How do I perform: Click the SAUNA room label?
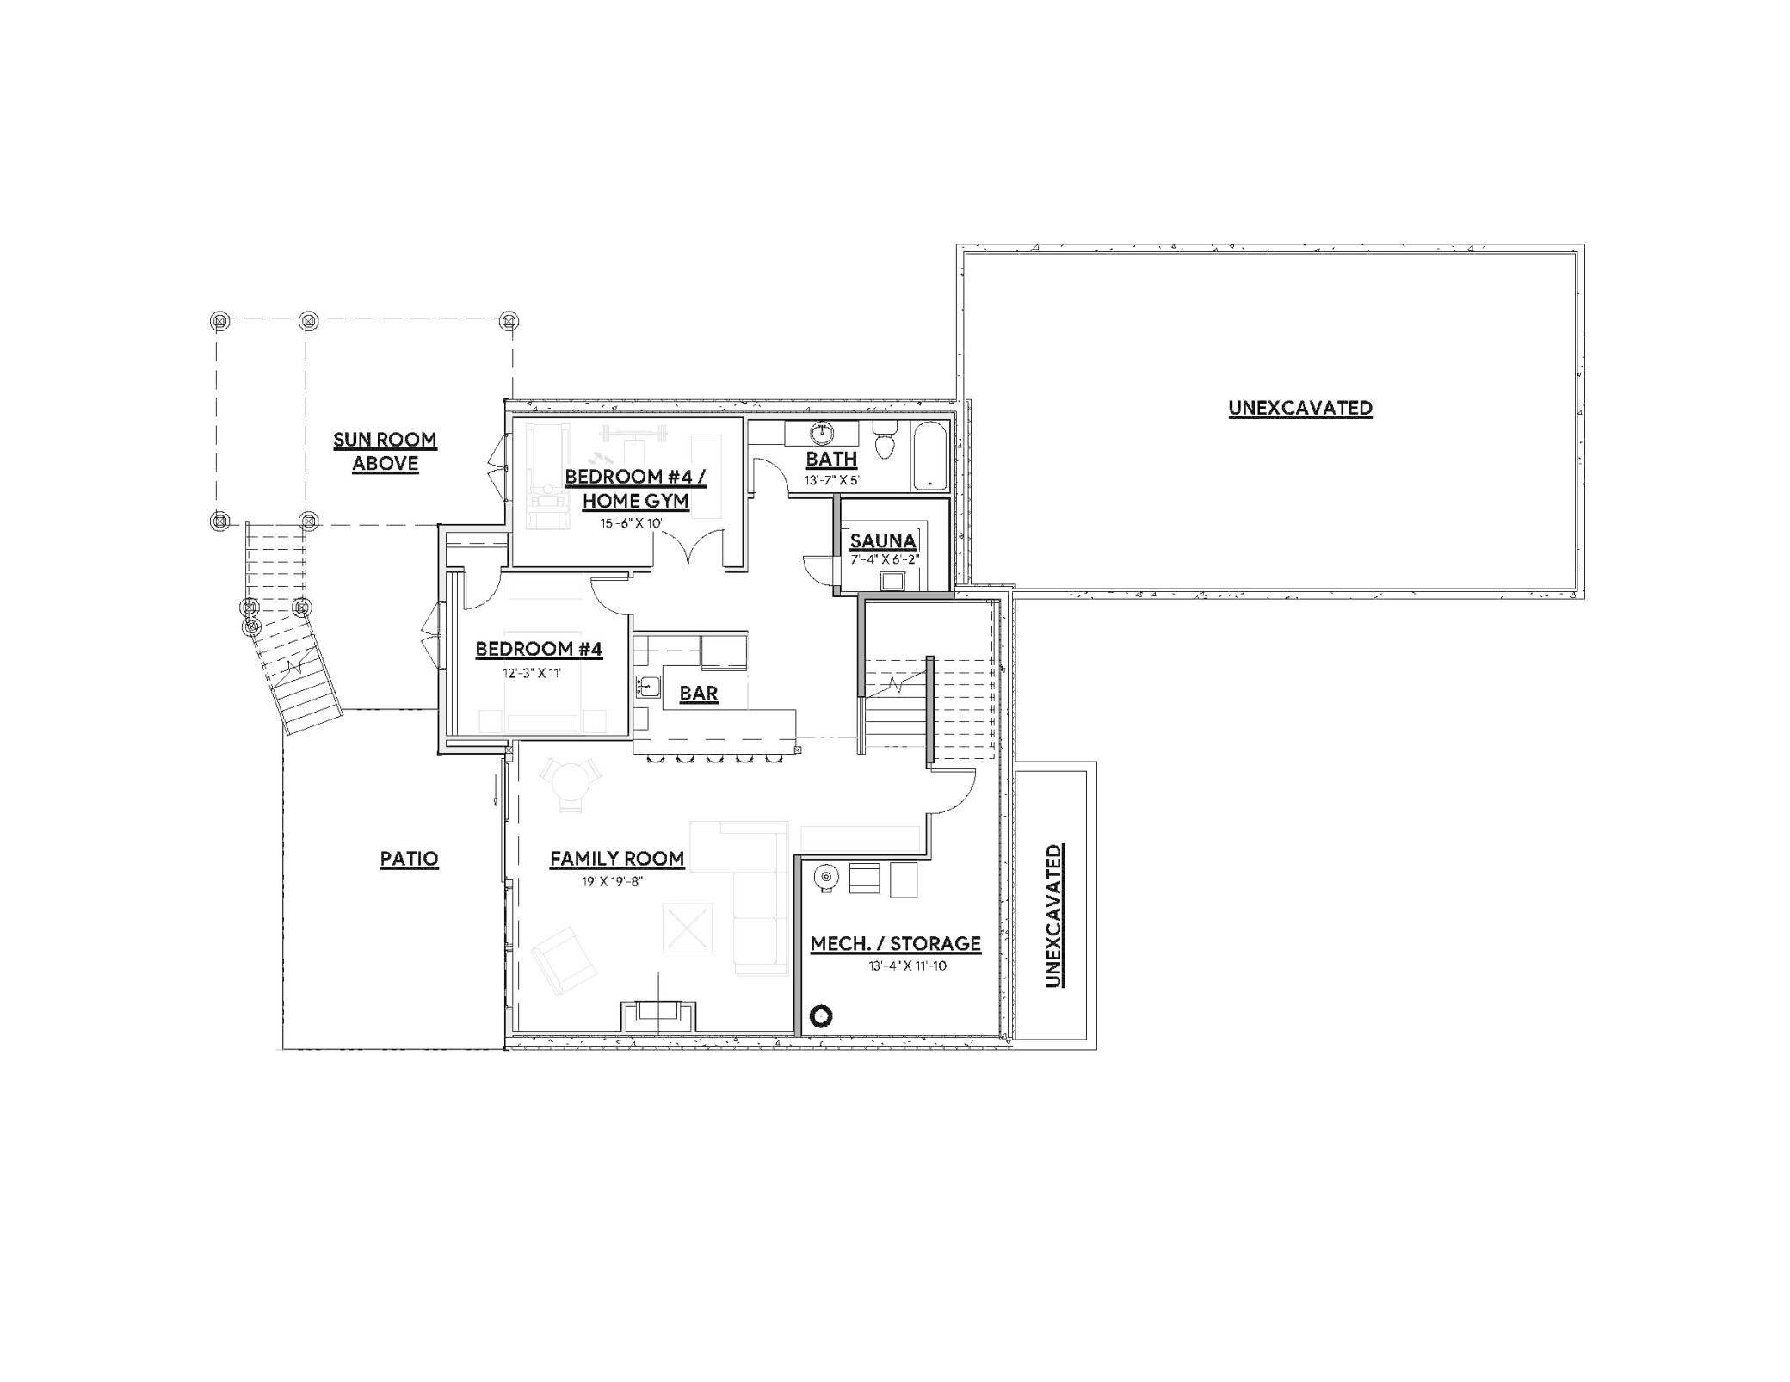pyautogui.click(x=882, y=541)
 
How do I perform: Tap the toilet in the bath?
pyautogui.click(x=885, y=441)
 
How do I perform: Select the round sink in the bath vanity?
pyautogui.click(x=822, y=433)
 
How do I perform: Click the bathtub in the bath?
pyautogui.click(x=929, y=454)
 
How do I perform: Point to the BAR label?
pyautogui.click(x=698, y=694)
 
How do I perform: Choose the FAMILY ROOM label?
pyautogui.click(x=617, y=858)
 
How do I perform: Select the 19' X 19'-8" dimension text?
pyautogui.click(x=612, y=881)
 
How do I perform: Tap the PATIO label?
pyautogui.click(x=410, y=859)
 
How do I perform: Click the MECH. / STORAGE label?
pyautogui.click(x=895, y=944)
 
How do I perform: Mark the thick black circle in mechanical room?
pyautogui.click(x=822, y=1016)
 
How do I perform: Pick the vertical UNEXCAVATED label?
pyautogui.click(x=1053, y=916)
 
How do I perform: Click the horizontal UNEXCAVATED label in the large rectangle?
pyautogui.click(x=1299, y=408)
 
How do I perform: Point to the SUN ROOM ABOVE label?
pyautogui.click(x=386, y=452)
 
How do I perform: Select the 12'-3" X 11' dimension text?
pyautogui.click(x=532, y=673)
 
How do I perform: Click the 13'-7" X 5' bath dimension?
pyautogui.click(x=831, y=481)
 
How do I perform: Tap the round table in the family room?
pyautogui.click(x=570, y=784)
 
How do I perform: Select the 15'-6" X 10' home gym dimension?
pyautogui.click(x=631, y=523)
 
